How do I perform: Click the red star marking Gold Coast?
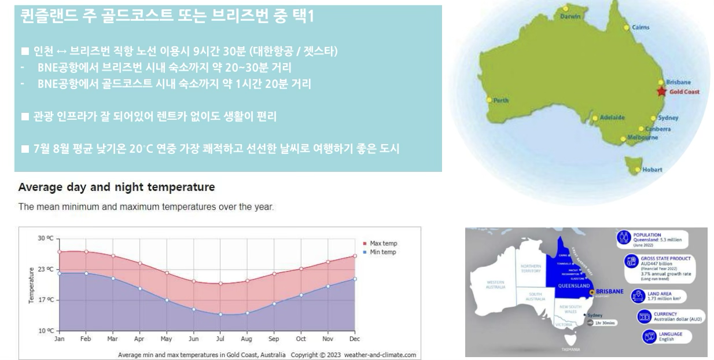[x=661, y=91]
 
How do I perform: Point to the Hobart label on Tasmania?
[x=652, y=170]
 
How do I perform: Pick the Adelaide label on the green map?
[x=612, y=117]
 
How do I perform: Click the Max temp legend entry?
[x=382, y=244]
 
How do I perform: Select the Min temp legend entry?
[x=382, y=252]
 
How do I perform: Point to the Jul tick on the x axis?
[x=220, y=340]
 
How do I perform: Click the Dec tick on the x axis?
[x=355, y=340]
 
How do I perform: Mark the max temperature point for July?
[x=220, y=284]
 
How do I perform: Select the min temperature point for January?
[x=60, y=273]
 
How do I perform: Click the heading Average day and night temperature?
[x=116, y=188]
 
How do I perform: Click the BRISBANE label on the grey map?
[x=609, y=291]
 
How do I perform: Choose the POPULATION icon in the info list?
[x=623, y=237]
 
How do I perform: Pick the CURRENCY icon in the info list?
[x=643, y=317]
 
